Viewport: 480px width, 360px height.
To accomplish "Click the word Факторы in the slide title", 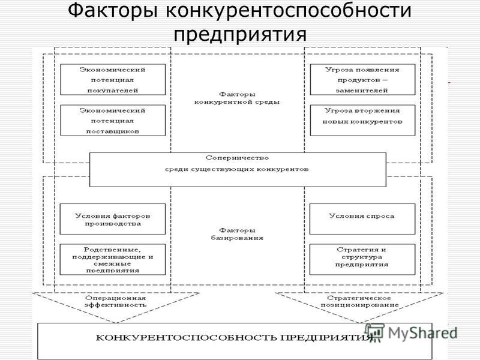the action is click(113, 10).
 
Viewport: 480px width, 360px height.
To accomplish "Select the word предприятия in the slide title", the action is click(240, 34).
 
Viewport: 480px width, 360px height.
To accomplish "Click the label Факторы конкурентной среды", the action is click(237, 98).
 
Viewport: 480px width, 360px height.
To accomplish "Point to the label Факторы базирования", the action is click(237, 234).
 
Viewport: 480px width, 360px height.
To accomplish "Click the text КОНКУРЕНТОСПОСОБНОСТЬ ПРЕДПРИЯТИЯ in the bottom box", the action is click(235, 338).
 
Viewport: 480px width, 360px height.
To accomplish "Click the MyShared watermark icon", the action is click(374, 332).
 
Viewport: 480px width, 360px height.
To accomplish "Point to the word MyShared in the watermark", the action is click(422, 333).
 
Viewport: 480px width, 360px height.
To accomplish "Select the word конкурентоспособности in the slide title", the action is click(289, 11).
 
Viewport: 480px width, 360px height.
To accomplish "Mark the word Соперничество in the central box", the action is click(237, 158).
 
